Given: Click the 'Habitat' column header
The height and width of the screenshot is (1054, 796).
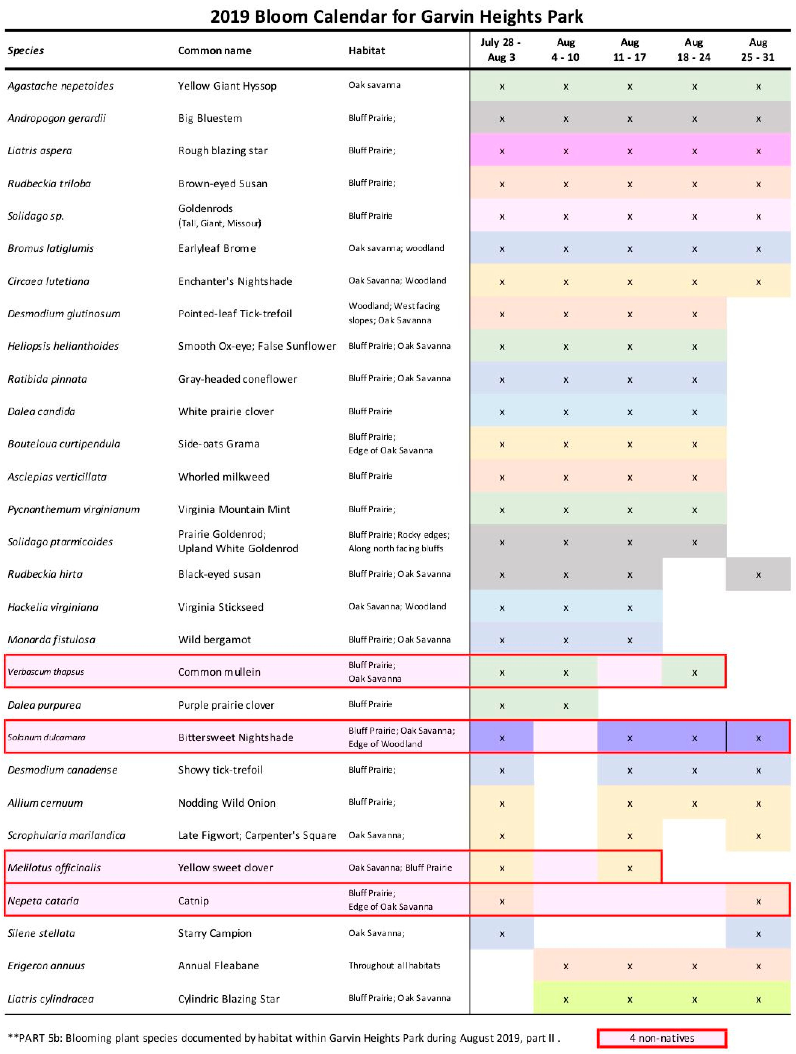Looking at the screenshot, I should pyautogui.click(x=367, y=50).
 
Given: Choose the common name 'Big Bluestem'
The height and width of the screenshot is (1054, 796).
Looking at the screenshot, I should pyautogui.click(x=210, y=118).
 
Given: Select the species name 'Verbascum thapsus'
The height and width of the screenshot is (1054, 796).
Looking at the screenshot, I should pyautogui.click(x=46, y=672).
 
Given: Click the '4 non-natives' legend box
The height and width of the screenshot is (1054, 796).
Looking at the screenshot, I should pyautogui.click(x=662, y=1038).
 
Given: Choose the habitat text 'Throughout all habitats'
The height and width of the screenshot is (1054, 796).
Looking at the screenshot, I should pyautogui.click(x=394, y=965).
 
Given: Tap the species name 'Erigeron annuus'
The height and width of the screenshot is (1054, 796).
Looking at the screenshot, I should pyautogui.click(x=46, y=966).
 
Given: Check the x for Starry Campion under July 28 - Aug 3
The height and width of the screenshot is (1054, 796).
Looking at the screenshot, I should pyautogui.click(x=502, y=934).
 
